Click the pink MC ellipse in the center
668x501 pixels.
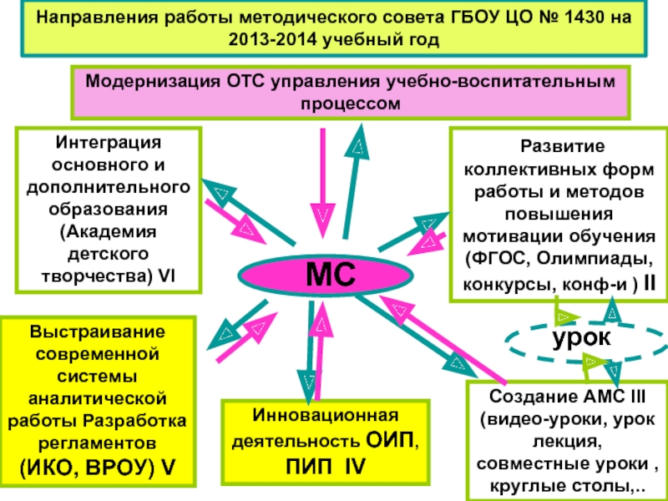[326, 276]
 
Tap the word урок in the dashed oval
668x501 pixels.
[581, 338]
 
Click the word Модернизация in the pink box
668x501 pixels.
[152, 81]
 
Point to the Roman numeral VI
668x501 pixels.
[166, 276]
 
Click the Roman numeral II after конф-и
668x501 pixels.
[650, 283]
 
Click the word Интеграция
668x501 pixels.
[109, 142]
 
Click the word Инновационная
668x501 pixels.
[326, 415]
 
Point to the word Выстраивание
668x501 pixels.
[98, 331]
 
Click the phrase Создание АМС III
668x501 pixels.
[568, 397]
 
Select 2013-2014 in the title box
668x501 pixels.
[273, 39]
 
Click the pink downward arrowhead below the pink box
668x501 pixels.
[323, 220]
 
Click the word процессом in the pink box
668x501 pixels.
[351, 104]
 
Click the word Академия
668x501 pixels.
[109, 232]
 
